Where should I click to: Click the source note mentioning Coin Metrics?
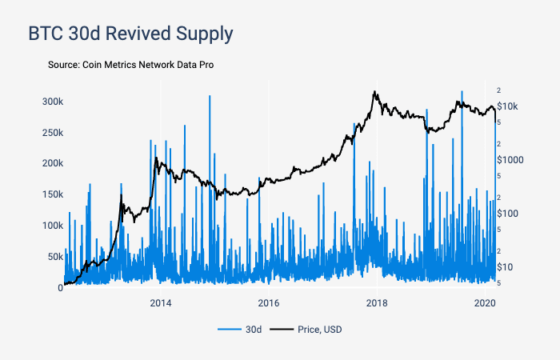click(x=130, y=64)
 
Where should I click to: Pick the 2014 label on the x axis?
click(x=161, y=303)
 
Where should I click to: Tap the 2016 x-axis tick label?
click(x=269, y=303)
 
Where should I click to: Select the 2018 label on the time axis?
click(x=377, y=303)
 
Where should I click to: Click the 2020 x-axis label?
click(x=485, y=303)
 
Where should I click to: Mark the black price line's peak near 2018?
click(x=374, y=92)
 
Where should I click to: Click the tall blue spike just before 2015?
click(x=210, y=97)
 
